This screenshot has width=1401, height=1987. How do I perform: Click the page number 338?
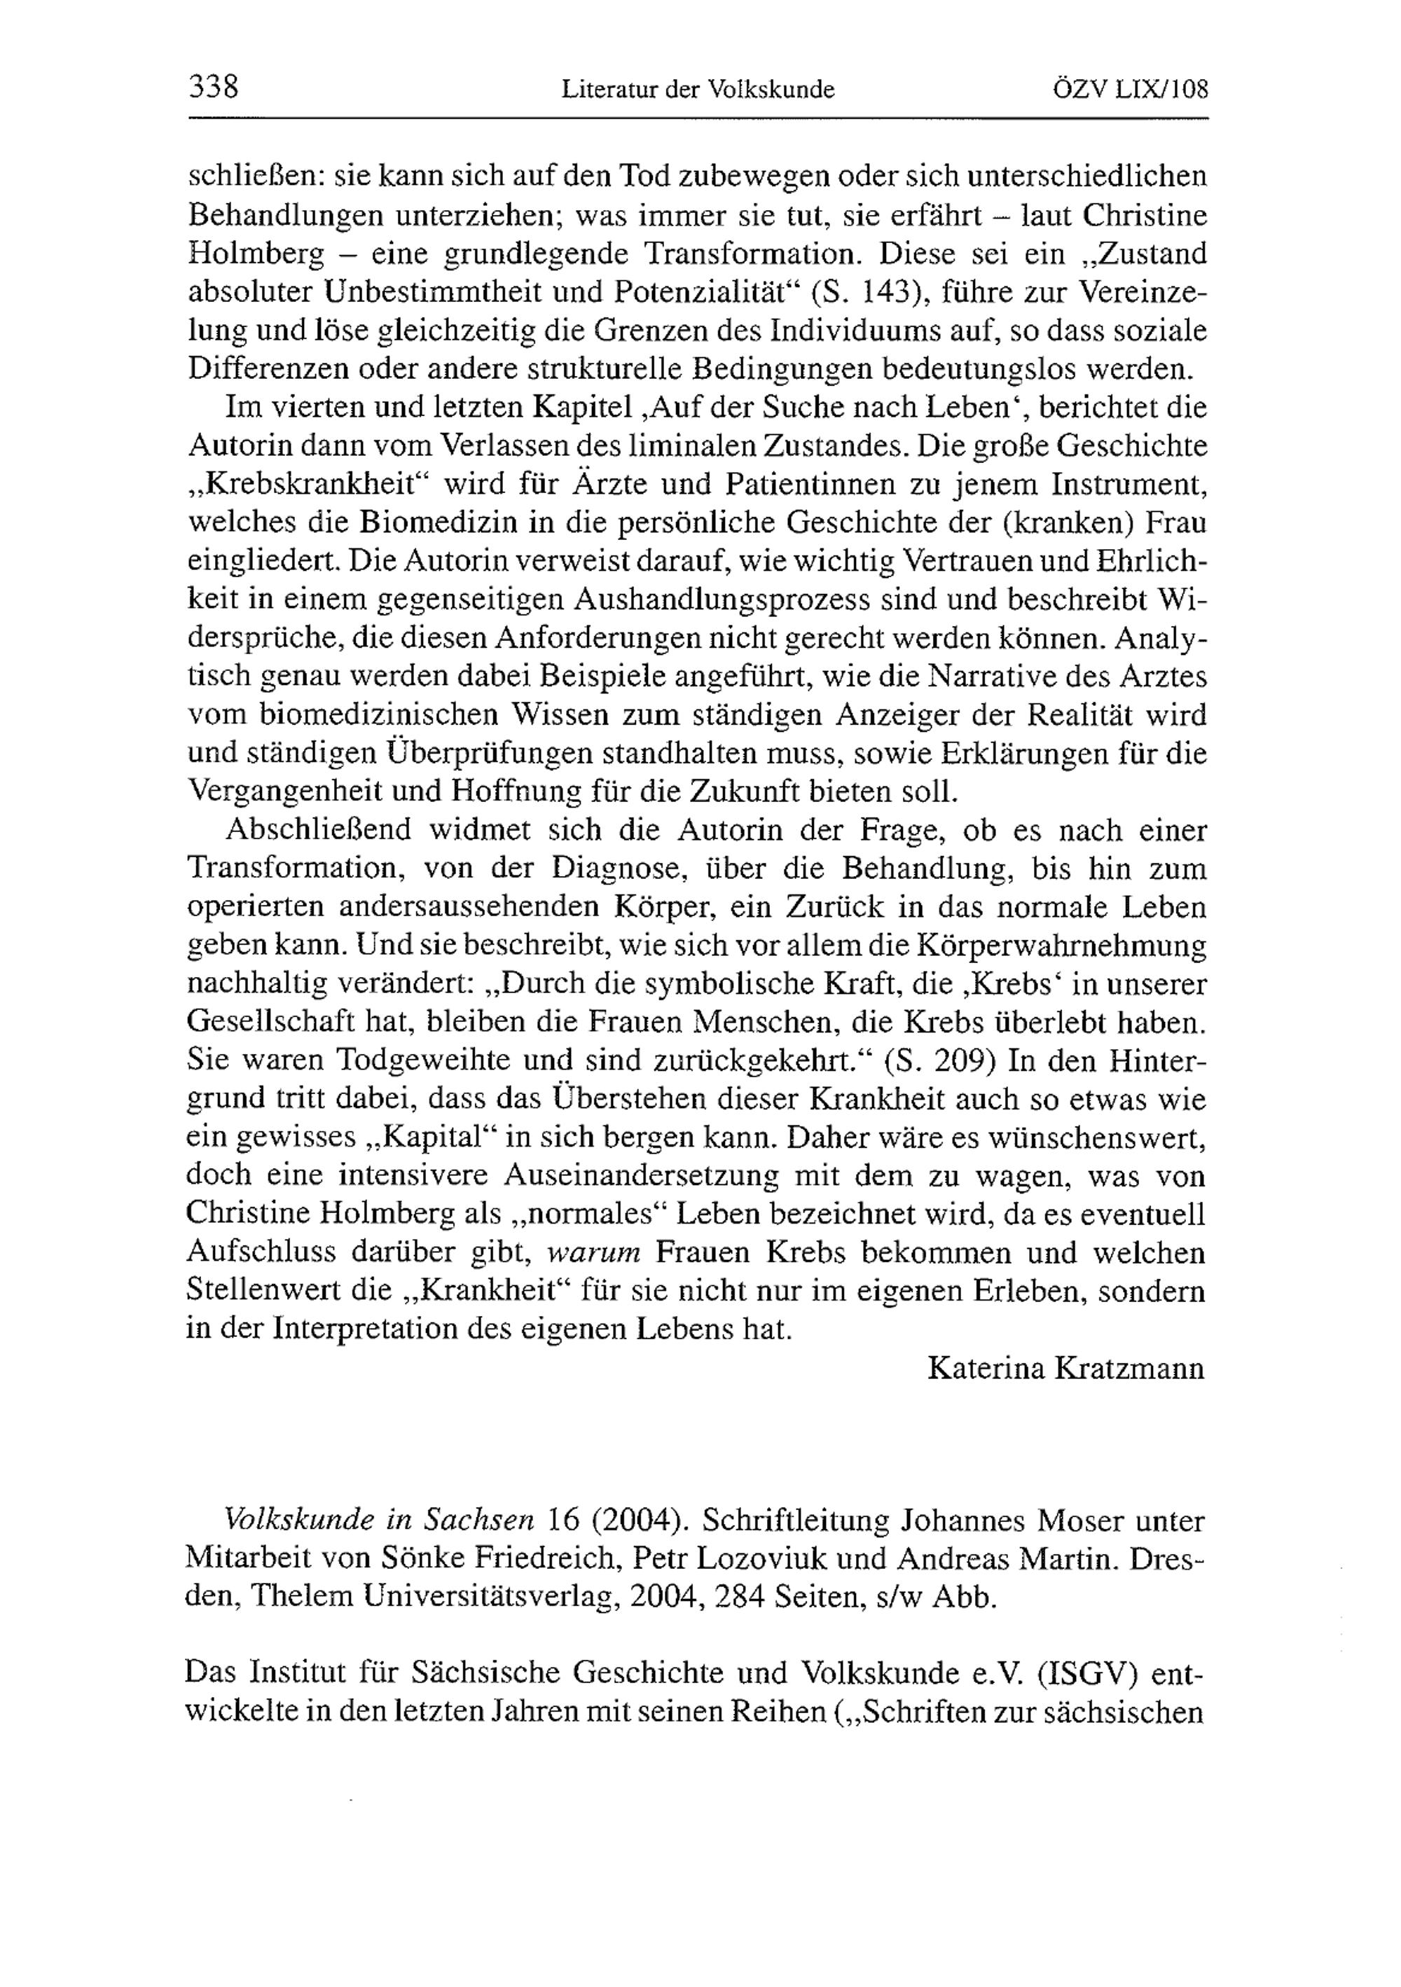213,88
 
